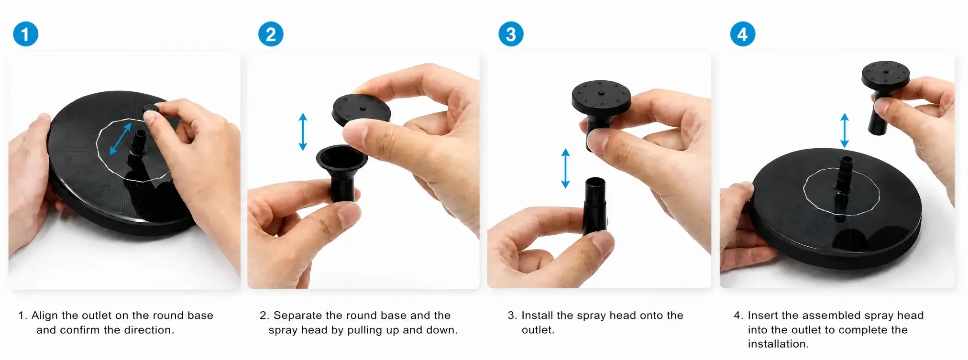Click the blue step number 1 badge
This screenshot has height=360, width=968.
click(x=25, y=34)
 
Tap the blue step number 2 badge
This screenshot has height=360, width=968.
click(x=271, y=34)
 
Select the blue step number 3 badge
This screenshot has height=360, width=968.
click(x=511, y=34)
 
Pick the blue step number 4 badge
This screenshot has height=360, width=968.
click(x=742, y=34)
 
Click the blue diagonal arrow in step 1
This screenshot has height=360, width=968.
click(x=121, y=139)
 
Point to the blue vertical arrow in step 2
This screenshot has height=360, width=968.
click(x=303, y=131)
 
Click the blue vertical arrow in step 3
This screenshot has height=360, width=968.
click(x=565, y=168)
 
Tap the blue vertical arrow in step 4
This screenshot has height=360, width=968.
click(x=845, y=130)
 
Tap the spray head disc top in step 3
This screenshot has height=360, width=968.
click(x=601, y=95)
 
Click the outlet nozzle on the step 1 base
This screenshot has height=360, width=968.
click(x=140, y=143)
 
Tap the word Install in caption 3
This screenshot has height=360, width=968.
click(x=537, y=316)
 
